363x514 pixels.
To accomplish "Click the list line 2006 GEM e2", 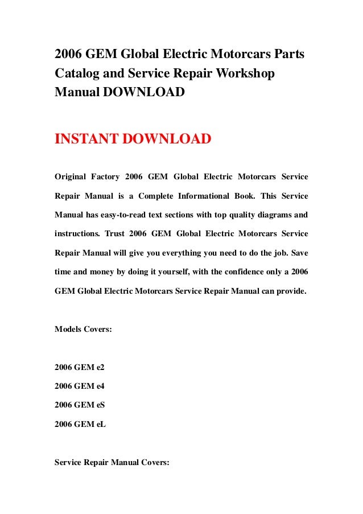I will point(80,367).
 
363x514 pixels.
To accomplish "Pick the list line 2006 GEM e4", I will point(80,386).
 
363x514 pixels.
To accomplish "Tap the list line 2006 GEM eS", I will point(80,405).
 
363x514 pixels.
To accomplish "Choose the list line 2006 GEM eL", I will point(80,423).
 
